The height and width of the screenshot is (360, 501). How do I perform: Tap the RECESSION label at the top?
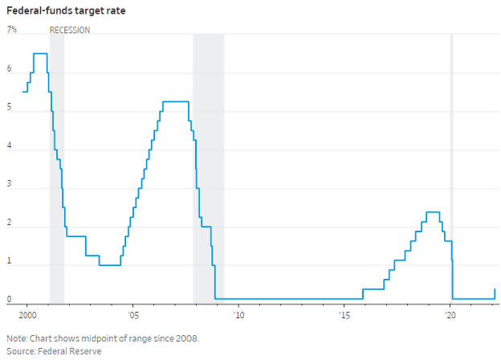pos(70,31)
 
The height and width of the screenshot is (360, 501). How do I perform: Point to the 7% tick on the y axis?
pos(12,31)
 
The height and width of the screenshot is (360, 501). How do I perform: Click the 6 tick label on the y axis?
pos(10,69)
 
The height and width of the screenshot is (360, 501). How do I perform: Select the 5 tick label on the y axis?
pos(10,108)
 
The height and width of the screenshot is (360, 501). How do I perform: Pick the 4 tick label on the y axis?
pos(10,146)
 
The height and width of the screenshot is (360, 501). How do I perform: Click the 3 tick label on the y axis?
pos(10,185)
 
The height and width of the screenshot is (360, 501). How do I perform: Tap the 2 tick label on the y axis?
pos(10,223)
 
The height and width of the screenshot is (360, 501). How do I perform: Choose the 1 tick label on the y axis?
pos(10,262)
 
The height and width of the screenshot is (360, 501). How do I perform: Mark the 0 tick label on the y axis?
pos(10,300)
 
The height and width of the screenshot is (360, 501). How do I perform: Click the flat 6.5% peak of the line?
pos(40,54)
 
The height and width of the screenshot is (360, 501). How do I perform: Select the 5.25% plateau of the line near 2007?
pos(175,102)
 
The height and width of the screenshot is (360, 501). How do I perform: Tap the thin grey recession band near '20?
pos(451,161)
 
